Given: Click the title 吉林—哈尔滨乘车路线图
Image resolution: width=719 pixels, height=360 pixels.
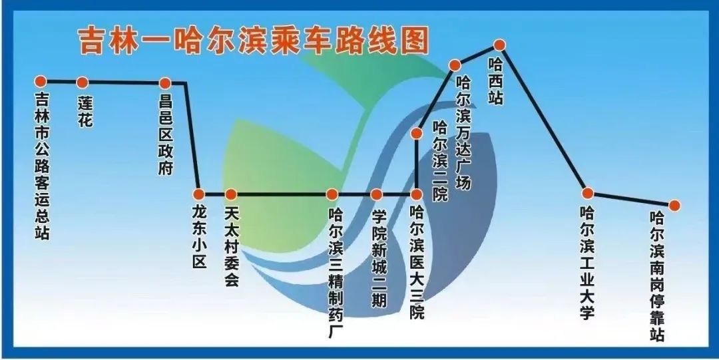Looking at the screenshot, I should pyautogui.click(x=253, y=40).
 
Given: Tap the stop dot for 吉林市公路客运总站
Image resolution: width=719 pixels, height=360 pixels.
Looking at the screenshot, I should pyautogui.click(x=41, y=81).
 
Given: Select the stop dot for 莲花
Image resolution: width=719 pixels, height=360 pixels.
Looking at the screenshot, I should pyautogui.click(x=83, y=83).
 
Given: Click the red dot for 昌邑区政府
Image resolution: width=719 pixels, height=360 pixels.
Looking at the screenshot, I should pyautogui.click(x=165, y=83).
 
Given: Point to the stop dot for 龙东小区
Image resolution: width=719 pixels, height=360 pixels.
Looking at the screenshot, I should pyautogui.click(x=198, y=194).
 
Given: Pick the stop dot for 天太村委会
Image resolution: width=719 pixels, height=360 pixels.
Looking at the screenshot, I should pyautogui.click(x=230, y=194).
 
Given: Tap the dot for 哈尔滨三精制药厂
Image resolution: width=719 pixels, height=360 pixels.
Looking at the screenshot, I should pyautogui.click(x=332, y=194).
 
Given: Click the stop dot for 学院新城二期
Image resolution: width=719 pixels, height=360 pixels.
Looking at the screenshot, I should pyautogui.click(x=377, y=194).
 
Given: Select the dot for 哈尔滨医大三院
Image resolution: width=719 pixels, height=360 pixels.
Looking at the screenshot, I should pyautogui.click(x=416, y=194).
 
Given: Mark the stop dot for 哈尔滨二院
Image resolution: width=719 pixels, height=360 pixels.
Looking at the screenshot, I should pyautogui.click(x=417, y=133).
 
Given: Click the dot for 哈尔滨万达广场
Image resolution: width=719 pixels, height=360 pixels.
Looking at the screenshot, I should pyautogui.click(x=455, y=65).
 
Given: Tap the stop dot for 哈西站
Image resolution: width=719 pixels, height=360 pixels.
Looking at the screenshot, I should pyautogui.click(x=500, y=45).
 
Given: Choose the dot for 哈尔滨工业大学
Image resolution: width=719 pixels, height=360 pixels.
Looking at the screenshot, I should pyautogui.click(x=587, y=193).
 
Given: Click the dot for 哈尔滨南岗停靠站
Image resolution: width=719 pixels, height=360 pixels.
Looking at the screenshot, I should pyautogui.click(x=674, y=206).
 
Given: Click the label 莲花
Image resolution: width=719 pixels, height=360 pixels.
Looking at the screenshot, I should pyautogui.click(x=85, y=112).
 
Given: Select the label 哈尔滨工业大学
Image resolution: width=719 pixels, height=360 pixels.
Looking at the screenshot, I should pyautogui.click(x=587, y=264).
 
